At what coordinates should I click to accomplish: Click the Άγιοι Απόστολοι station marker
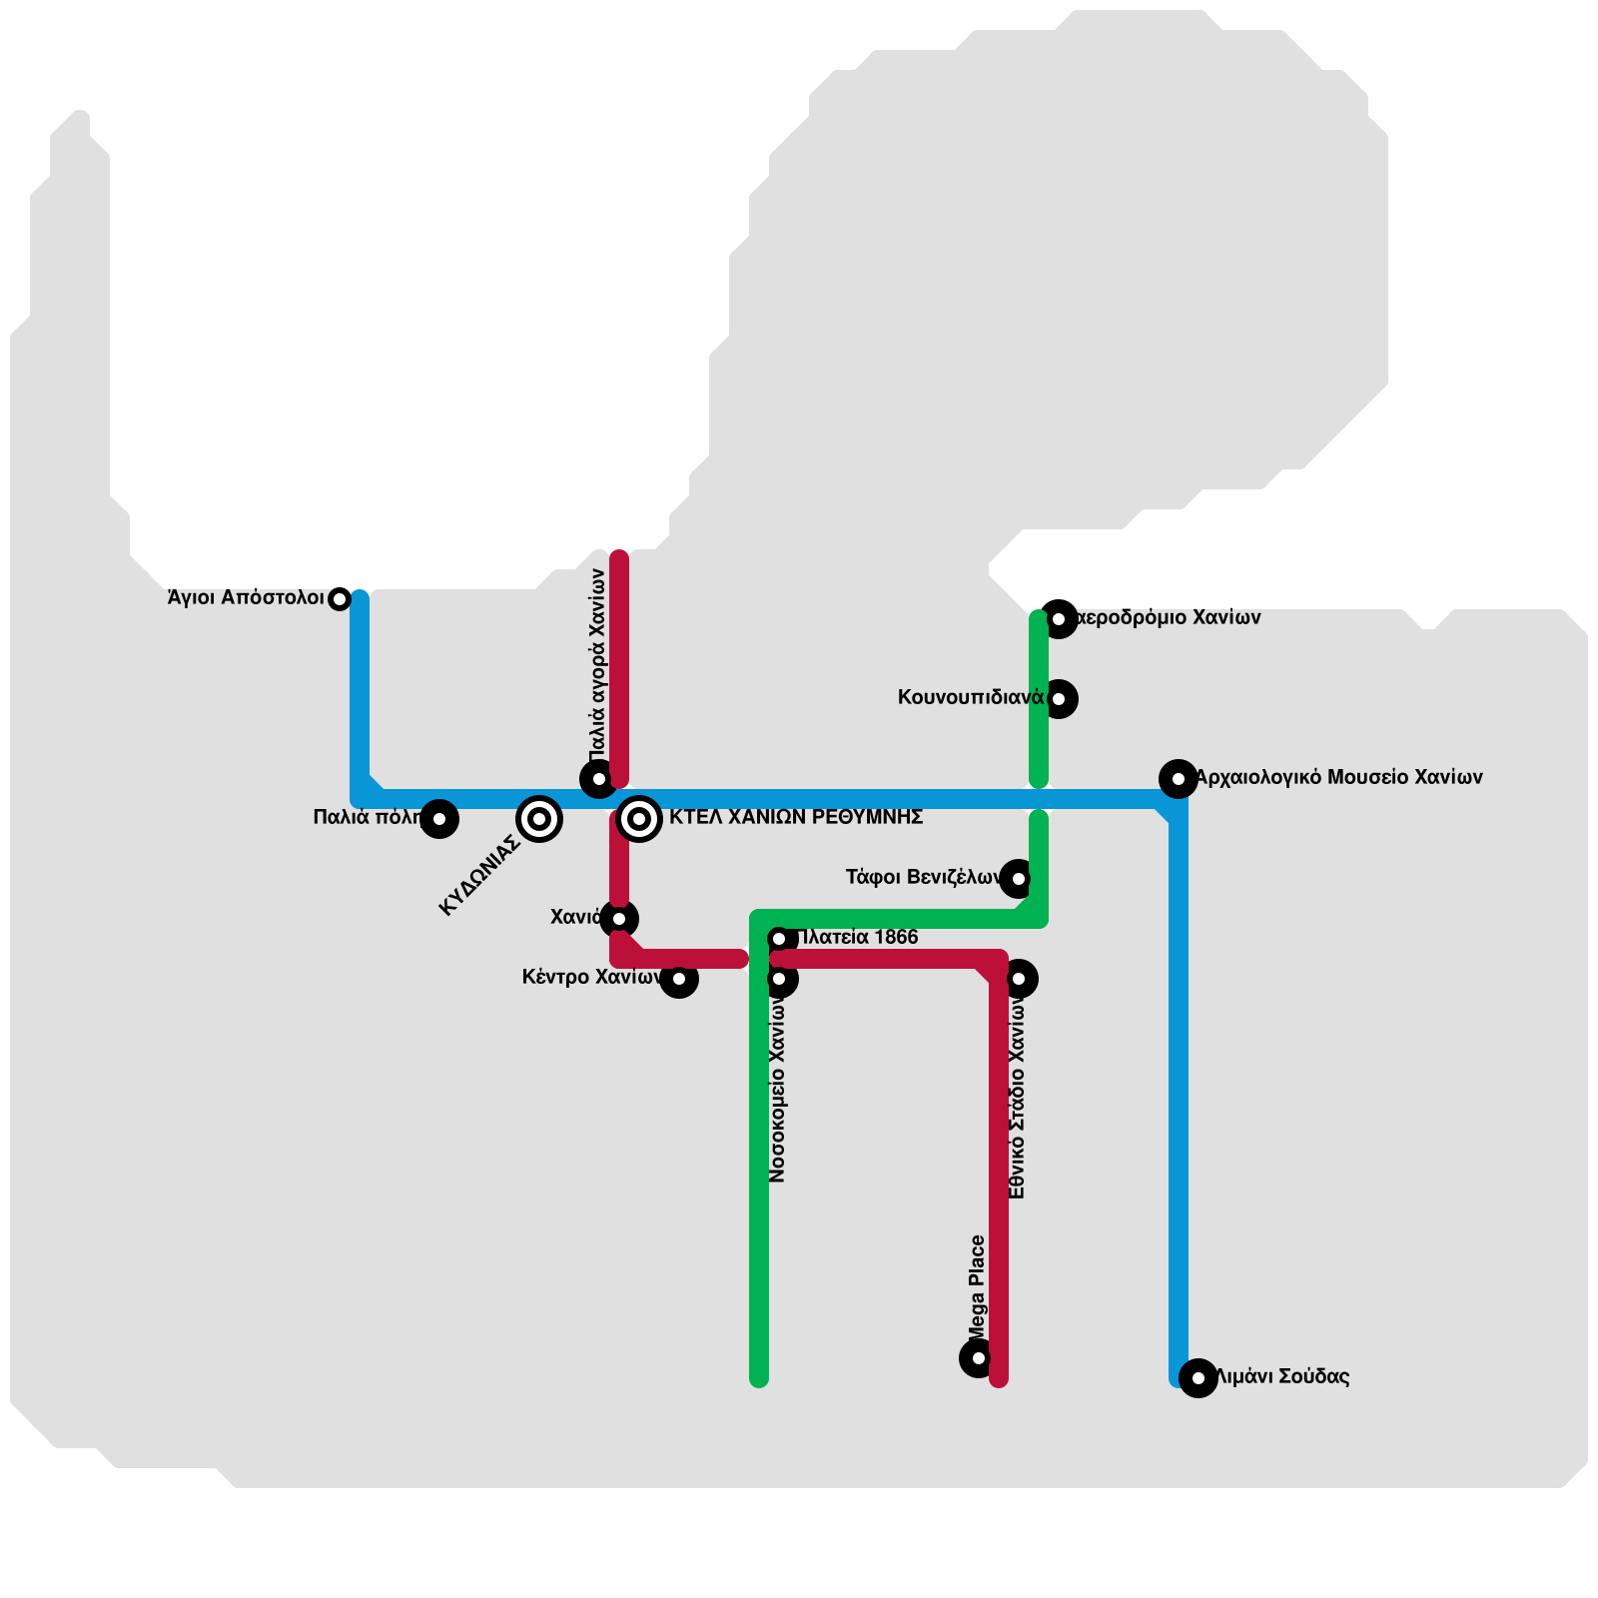[340, 599]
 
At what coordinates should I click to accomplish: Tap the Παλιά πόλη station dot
[439, 819]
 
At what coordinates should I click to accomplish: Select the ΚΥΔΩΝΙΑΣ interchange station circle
[539, 819]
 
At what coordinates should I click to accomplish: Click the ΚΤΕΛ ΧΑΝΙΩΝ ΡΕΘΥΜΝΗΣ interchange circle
[639, 819]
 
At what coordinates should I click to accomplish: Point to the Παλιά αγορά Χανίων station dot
[599, 779]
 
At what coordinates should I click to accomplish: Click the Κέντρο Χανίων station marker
[679, 979]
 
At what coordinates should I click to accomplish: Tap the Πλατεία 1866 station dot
[779, 939]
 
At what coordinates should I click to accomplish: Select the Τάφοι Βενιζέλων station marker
[1019, 879]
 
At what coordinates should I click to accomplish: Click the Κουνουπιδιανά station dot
[1059, 699]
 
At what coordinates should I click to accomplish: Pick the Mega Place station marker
[979, 1358]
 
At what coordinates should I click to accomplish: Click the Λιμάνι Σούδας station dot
[1198, 1378]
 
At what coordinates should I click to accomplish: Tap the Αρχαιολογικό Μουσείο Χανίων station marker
[1179, 779]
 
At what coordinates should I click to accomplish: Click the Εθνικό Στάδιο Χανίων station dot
[1019, 979]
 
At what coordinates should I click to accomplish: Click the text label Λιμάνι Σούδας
[1282, 1377]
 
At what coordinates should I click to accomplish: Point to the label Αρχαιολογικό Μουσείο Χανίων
[1338, 778]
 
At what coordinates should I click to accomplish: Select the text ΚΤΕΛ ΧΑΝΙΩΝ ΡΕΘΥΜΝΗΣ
[796, 818]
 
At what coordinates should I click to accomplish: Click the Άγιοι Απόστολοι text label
[246, 598]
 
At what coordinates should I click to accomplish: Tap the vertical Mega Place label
[978, 1288]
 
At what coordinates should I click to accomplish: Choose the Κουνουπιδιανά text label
[971, 698]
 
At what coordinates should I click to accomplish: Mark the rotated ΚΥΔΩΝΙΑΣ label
[480, 876]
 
